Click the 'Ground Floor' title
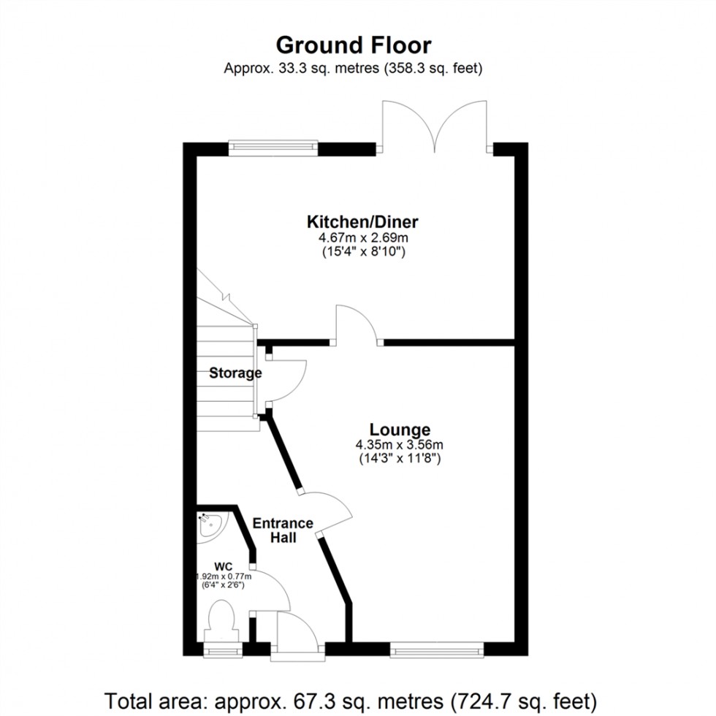(x=354, y=45)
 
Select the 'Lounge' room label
(x=400, y=430)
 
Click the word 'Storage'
(x=235, y=373)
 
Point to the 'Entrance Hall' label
(x=283, y=530)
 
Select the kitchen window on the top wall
(x=273, y=148)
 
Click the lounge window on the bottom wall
(x=437, y=647)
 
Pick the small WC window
(x=221, y=649)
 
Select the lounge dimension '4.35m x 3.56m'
(x=400, y=445)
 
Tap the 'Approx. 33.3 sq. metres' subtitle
(x=354, y=69)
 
